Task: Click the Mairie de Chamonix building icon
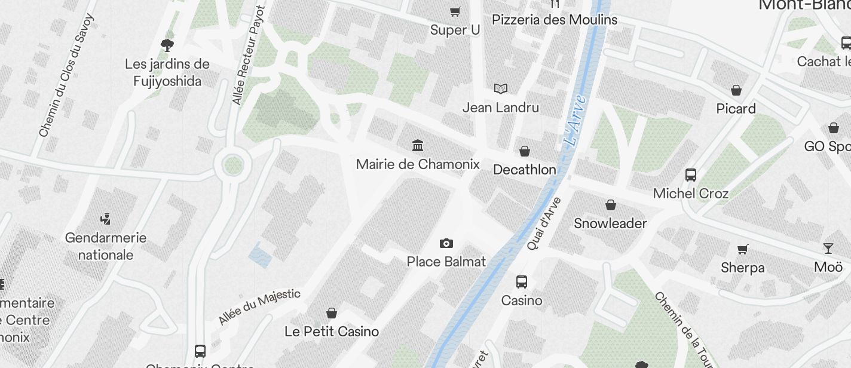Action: pos(418,145)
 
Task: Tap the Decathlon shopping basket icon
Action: pos(524,151)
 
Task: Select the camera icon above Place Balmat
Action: pos(446,243)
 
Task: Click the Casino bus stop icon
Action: pos(522,282)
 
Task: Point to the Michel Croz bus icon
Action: pos(691,175)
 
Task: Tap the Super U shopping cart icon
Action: pos(455,11)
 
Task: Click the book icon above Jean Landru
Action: pos(501,89)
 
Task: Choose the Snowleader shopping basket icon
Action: pos(611,206)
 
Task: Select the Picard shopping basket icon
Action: pos(736,90)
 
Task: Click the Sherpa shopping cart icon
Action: pos(742,249)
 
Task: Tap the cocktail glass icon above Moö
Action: pos(828,249)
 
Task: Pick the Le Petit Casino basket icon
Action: pos(332,313)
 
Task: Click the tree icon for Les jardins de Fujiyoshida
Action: pos(167,44)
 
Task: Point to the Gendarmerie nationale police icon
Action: pos(106,219)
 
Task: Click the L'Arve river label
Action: pos(575,120)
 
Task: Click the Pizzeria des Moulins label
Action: pos(555,20)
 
